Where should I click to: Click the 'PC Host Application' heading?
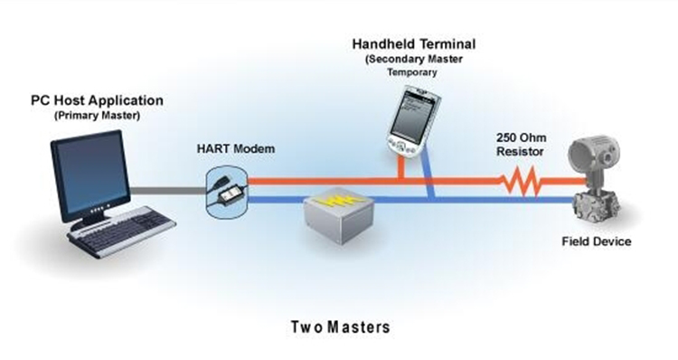click(97, 101)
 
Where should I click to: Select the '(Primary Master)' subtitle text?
click(97, 116)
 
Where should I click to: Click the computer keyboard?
click(122, 231)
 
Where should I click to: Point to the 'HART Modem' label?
click(236, 149)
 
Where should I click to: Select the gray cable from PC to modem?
click(168, 190)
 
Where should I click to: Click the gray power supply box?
click(339, 215)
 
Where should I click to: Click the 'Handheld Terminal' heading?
click(414, 43)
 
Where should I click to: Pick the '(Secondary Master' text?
click(414, 59)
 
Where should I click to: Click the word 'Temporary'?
click(411, 72)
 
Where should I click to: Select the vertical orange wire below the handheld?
click(401, 167)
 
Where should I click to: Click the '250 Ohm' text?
click(521, 137)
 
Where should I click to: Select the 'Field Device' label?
click(597, 242)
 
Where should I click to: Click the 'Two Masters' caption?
click(340, 327)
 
